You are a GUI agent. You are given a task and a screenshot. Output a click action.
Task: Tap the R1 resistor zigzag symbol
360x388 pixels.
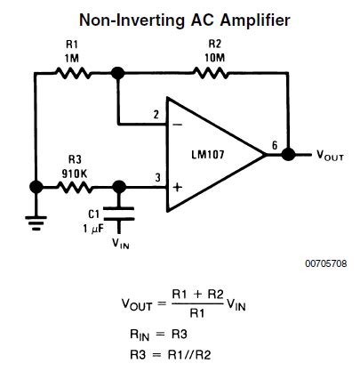[72, 74]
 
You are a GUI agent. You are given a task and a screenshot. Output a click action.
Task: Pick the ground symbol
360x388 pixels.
[36, 222]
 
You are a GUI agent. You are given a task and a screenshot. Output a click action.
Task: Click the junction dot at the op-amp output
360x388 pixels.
[288, 154]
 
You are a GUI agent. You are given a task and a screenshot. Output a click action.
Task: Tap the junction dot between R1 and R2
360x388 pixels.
[118, 74]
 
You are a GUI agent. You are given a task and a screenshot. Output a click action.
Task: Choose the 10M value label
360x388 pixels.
[215, 58]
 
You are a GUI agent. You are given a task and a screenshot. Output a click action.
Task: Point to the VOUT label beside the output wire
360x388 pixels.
[332, 155]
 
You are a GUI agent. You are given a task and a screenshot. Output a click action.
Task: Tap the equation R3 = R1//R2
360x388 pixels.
[169, 354]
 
